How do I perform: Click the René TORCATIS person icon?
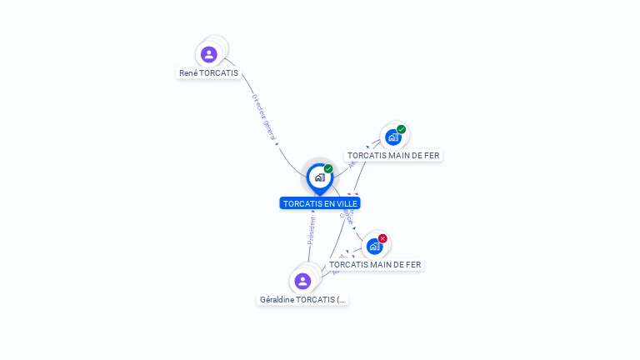209,54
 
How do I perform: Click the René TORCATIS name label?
208,72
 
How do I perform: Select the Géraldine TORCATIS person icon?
302,281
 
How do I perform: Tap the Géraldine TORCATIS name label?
302,299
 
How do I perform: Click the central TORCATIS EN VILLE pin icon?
319,177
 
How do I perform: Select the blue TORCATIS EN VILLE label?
320,203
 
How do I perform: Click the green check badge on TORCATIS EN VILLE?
328,169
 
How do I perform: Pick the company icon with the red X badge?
374,246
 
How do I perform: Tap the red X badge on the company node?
382,238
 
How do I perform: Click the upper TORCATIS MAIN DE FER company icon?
392,137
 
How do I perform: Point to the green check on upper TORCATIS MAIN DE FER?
401,129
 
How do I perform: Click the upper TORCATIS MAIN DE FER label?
393,155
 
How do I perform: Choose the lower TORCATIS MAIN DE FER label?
375,264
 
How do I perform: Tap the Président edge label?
312,229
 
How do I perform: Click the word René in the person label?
187,72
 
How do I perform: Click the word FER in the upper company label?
432,155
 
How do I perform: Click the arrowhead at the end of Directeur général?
277,143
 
